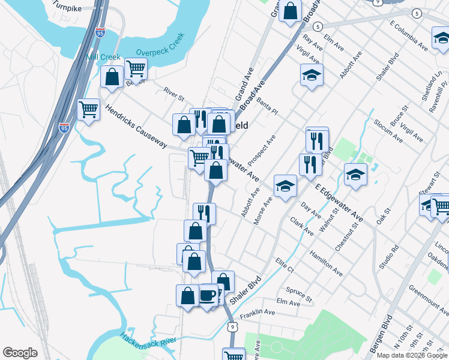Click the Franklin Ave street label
coord(257,314)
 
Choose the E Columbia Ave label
coord(411,34)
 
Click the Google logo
coord(20,353)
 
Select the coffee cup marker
coord(208,296)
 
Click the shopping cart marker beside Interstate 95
coord(89,110)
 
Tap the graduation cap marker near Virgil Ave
coord(312,75)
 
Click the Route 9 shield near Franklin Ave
coord(232,326)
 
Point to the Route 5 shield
coord(318,26)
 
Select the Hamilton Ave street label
coord(325,263)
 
